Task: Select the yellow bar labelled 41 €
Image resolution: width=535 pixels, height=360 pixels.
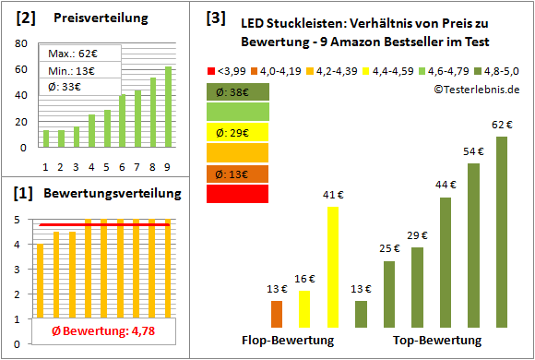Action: [333, 268]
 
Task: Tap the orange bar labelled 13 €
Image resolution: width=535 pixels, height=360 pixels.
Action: [277, 314]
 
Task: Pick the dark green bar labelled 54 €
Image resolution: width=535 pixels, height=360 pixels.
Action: [474, 246]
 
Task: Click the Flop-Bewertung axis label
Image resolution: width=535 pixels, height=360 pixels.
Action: [287, 340]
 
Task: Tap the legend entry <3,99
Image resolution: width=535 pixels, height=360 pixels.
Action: [230, 69]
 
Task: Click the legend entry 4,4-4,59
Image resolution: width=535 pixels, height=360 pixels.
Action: [390, 69]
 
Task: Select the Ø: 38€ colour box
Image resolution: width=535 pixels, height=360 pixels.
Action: [238, 91]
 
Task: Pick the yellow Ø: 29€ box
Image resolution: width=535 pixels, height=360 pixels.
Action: [238, 132]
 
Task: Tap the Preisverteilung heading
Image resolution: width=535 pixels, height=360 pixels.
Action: [92, 18]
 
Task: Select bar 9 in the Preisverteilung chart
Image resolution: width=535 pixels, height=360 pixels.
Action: [168, 106]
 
